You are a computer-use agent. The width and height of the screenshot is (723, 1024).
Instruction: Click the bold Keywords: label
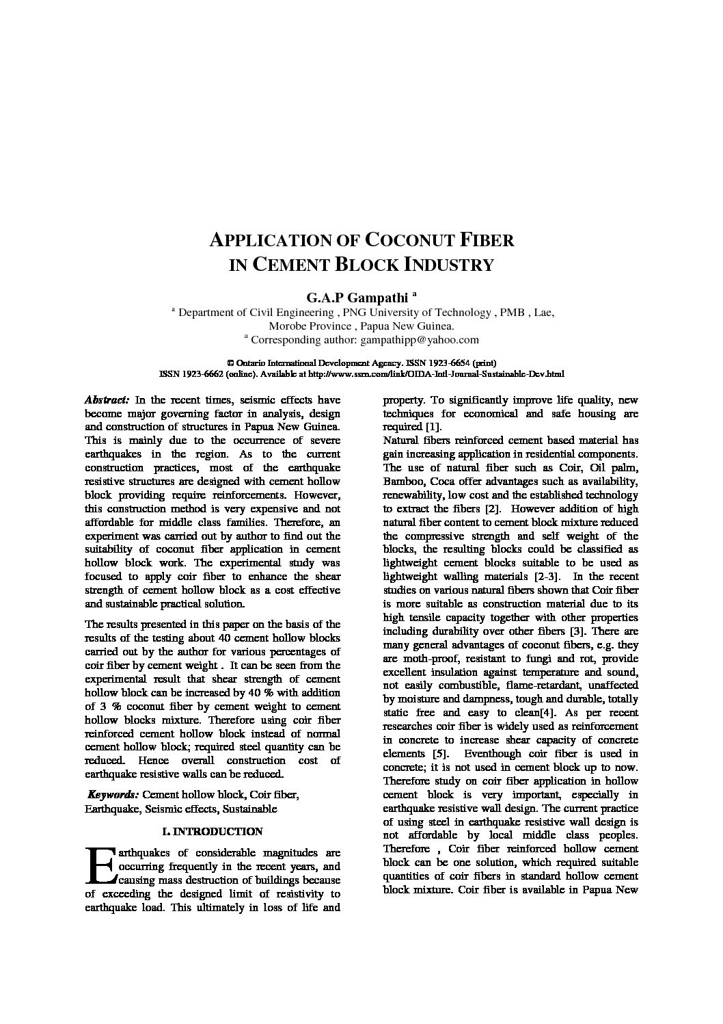(x=113, y=794)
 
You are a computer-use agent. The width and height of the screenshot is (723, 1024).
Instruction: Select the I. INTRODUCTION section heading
(x=212, y=832)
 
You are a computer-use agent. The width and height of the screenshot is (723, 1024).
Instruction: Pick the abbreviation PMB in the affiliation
(x=512, y=312)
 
